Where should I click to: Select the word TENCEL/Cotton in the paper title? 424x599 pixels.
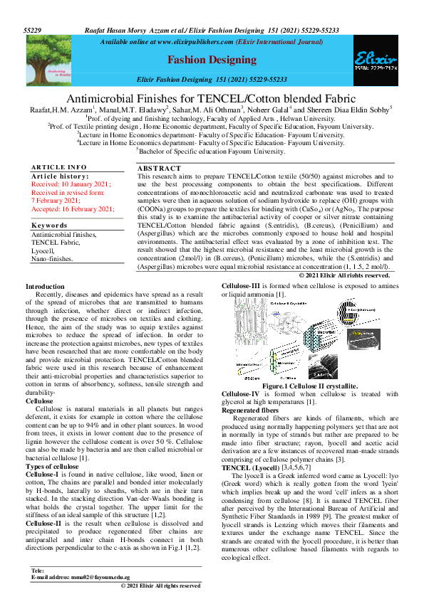pos(223,98)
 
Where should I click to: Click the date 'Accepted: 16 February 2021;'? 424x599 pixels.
pos(73,208)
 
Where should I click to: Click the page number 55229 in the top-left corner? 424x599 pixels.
pos(33,31)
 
